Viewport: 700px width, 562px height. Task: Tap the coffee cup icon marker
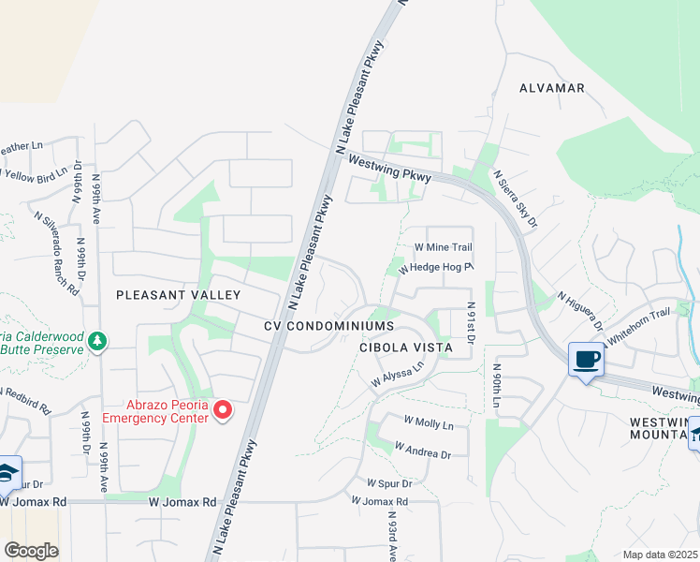[586, 361]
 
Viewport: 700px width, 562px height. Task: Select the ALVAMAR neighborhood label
[552, 88]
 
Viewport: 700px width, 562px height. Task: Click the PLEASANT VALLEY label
[178, 295]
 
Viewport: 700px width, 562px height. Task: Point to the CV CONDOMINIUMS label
[328, 325]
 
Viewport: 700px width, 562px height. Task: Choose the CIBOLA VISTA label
[405, 347]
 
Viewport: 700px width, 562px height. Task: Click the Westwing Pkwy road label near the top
[387, 170]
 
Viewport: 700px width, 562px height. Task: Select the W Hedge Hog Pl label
[436, 267]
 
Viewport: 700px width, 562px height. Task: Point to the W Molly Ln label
[429, 424]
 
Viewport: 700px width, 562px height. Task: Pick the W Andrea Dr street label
[423, 451]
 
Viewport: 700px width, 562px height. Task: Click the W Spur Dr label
[383, 483]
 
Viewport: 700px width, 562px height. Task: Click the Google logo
[31, 551]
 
